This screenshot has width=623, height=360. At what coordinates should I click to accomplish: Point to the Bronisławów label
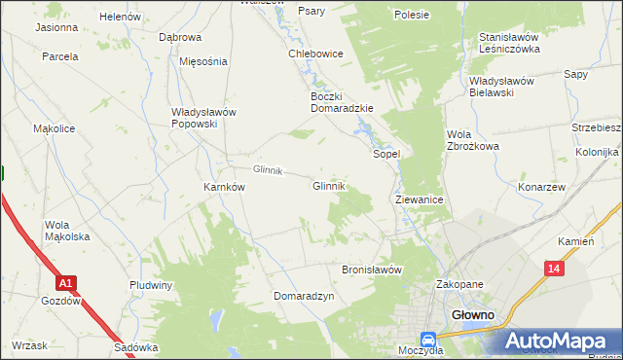click(x=371, y=270)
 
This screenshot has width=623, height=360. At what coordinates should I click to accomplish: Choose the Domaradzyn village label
click(x=304, y=295)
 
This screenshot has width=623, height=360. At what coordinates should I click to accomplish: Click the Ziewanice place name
click(x=420, y=198)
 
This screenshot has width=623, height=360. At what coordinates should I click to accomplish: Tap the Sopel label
click(x=387, y=154)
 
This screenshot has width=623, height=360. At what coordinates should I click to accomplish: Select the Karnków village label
click(x=223, y=187)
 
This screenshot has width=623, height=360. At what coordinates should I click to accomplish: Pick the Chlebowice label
click(x=315, y=54)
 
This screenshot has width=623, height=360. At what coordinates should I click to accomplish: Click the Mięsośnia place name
click(x=203, y=60)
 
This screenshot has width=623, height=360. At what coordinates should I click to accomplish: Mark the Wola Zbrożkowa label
click(x=472, y=140)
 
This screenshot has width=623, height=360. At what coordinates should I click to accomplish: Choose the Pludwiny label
click(x=151, y=285)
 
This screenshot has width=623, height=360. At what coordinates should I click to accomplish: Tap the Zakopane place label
click(x=459, y=284)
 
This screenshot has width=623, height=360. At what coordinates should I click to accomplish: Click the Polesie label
click(x=412, y=15)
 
